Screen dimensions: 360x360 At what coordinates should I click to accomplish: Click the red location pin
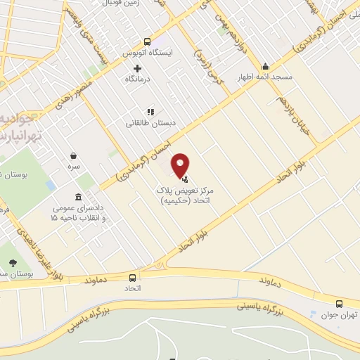pyautogui.click(x=181, y=165)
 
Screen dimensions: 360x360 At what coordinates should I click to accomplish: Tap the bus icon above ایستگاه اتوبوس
pyautogui.click(x=147, y=41)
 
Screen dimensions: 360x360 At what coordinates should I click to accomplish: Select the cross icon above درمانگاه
pyautogui.click(x=137, y=69)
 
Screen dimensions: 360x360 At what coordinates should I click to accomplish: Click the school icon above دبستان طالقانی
pyautogui.click(x=150, y=112)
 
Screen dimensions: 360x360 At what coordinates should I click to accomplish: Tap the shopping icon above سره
pyautogui.click(x=73, y=156)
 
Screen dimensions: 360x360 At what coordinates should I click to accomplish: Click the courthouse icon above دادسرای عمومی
pyautogui.click(x=77, y=198)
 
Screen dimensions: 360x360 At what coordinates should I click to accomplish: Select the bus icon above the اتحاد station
pyautogui.click(x=133, y=277)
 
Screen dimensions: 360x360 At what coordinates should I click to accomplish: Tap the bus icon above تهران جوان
pyautogui.click(x=339, y=304)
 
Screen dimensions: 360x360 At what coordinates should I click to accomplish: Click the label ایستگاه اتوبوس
pyautogui.click(x=156, y=53)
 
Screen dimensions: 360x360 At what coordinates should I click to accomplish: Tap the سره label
pyautogui.click(x=73, y=168)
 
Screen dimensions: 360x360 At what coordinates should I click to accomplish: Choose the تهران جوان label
pyautogui.click(x=343, y=316)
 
